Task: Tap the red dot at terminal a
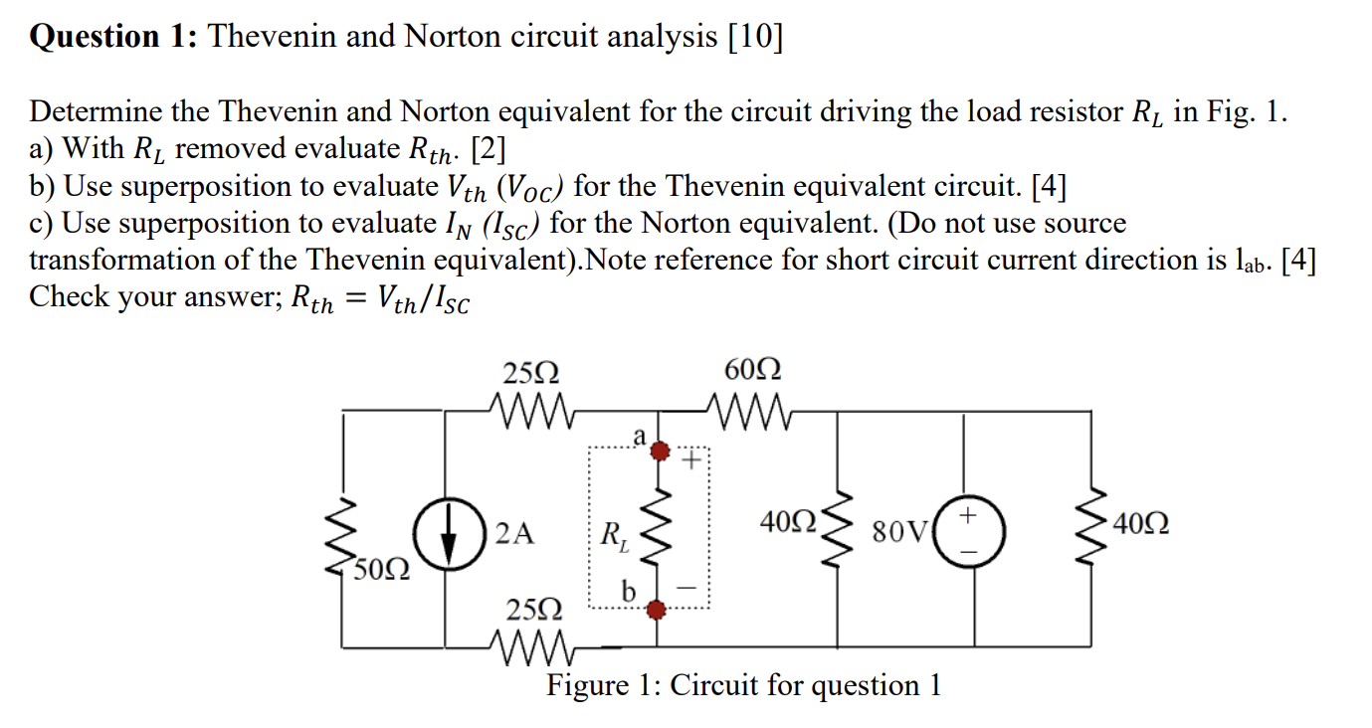pos(658,453)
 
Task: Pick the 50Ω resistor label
pos(381,570)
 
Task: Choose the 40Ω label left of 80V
pos(788,521)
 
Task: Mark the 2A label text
pos(514,534)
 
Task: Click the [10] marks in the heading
pos(755,37)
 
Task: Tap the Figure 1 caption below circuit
pos(742,685)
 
